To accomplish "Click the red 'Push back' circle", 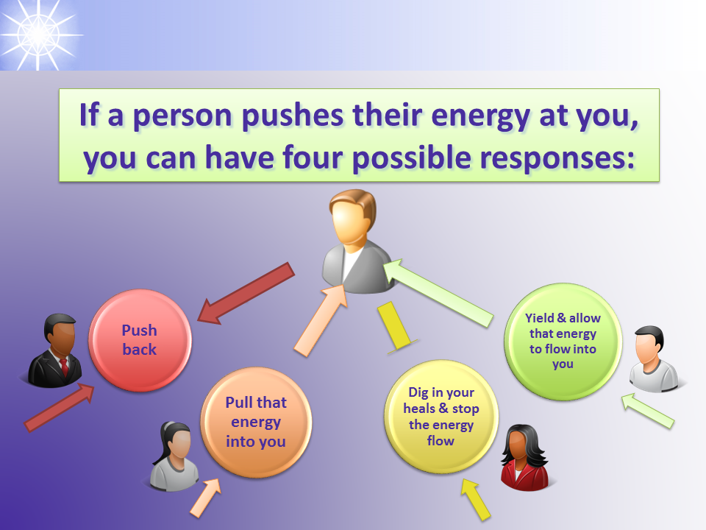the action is click(140, 340).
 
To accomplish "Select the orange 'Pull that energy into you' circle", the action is click(256, 423).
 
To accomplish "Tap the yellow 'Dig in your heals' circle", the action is click(441, 417).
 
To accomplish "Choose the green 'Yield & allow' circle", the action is click(563, 341).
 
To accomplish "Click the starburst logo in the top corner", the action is click(38, 35).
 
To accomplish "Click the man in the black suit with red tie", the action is click(55, 350).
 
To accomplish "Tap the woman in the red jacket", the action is click(525, 457).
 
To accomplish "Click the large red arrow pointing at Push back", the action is click(246, 294).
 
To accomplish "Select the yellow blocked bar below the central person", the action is click(396, 328).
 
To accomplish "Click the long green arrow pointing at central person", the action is click(438, 293).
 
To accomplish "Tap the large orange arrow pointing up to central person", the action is click(321, 320).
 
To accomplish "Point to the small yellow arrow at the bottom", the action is click(476, 499).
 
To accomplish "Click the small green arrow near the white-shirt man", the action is click(648, 410).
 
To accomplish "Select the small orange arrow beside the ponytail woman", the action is click(206, 497).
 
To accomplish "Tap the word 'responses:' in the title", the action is click(557, 159).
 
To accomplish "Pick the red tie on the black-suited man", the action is click(64, 366).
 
